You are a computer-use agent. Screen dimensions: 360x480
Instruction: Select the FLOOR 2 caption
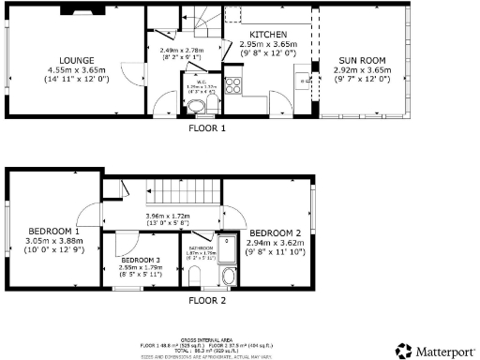coord(207,301)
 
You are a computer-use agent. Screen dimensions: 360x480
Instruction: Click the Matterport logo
coord(434,349)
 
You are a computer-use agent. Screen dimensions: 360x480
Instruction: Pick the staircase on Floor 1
coord(200,17)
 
